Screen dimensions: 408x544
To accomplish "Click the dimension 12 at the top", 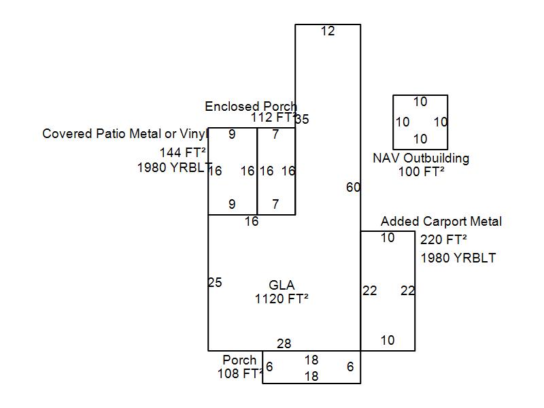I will point(328,31).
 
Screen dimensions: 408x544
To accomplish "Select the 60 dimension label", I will point(353,188).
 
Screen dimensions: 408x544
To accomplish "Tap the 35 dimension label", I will point(302,120).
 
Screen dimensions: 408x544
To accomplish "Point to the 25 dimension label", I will point(215,283).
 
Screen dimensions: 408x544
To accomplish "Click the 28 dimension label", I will point(284,343).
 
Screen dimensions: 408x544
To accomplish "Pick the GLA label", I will point(282,286).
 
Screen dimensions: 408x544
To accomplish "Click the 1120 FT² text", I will point(282,298).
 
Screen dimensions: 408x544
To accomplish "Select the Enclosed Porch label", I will point(251,107).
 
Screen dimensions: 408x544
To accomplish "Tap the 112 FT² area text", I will point(272,118).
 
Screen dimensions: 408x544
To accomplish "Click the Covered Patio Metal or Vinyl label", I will point(124,133).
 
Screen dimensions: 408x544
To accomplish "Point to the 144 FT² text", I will point(183,152).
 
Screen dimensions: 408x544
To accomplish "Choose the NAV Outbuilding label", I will point(421,158).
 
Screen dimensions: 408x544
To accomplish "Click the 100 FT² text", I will point(421,172).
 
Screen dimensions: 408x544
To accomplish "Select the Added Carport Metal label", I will point(441,222).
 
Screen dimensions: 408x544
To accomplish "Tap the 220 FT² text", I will point(443,239).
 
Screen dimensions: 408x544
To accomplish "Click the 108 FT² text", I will point(240,373).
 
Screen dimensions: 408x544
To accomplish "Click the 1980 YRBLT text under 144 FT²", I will point(171,168).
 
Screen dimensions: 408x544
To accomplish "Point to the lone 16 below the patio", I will point(252,222).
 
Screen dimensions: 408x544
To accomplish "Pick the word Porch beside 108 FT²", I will point(239,360).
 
